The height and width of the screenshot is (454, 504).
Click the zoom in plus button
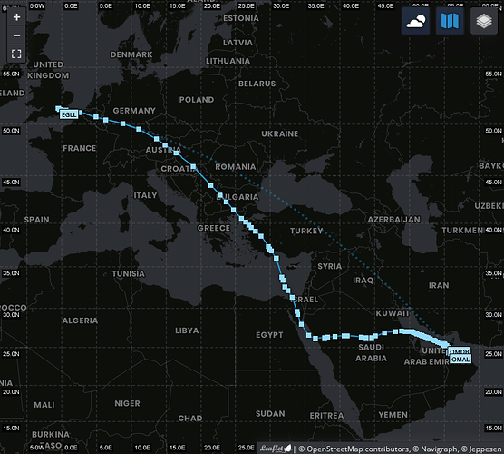click(x=16, y=16)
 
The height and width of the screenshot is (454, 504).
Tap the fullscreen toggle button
click(x=16, y=54)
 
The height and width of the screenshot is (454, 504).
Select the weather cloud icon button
click(x=417, y=22)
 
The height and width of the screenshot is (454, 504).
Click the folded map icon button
click(x=451, y=22)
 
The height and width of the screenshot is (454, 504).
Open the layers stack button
click(x=485, y=22)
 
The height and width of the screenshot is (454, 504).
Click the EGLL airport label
click(x=69, y=115)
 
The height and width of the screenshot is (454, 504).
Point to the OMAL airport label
click(x=460, y=360)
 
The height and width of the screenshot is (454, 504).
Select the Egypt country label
click(x=269, y=334)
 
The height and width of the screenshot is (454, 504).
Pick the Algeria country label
click(x=80, y=321)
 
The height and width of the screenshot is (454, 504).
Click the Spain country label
click(x=37, y=219)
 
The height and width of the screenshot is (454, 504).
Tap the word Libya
click(x=187, y=331)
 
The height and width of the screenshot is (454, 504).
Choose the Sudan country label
click(x=270, y=413)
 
